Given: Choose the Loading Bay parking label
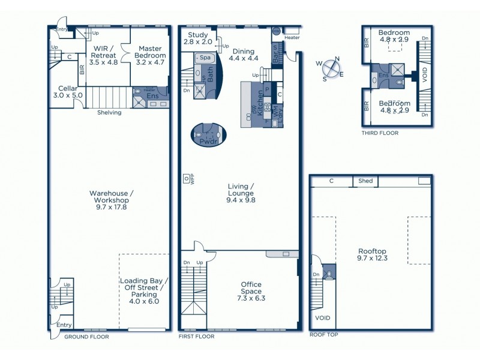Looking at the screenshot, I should click(144, 291).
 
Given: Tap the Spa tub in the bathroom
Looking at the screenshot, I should click(205, 58).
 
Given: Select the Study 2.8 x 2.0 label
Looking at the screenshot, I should click(197, 38).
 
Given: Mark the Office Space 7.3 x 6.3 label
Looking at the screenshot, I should click(251, 291).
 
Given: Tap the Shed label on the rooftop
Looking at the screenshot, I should click(365, 181).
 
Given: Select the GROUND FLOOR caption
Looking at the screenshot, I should click(86, 337).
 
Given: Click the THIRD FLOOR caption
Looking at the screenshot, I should click(380, 133).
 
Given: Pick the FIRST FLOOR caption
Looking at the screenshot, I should click(196, 337).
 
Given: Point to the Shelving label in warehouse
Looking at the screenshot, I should click(109, 112).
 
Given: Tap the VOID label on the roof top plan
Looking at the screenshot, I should click(322, 318).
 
